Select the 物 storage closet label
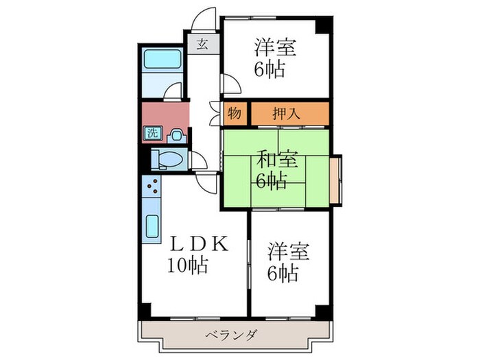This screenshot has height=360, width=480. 234,113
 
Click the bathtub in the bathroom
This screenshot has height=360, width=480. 160,60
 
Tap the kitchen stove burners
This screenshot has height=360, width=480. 152,188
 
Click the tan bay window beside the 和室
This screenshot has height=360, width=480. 335,180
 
